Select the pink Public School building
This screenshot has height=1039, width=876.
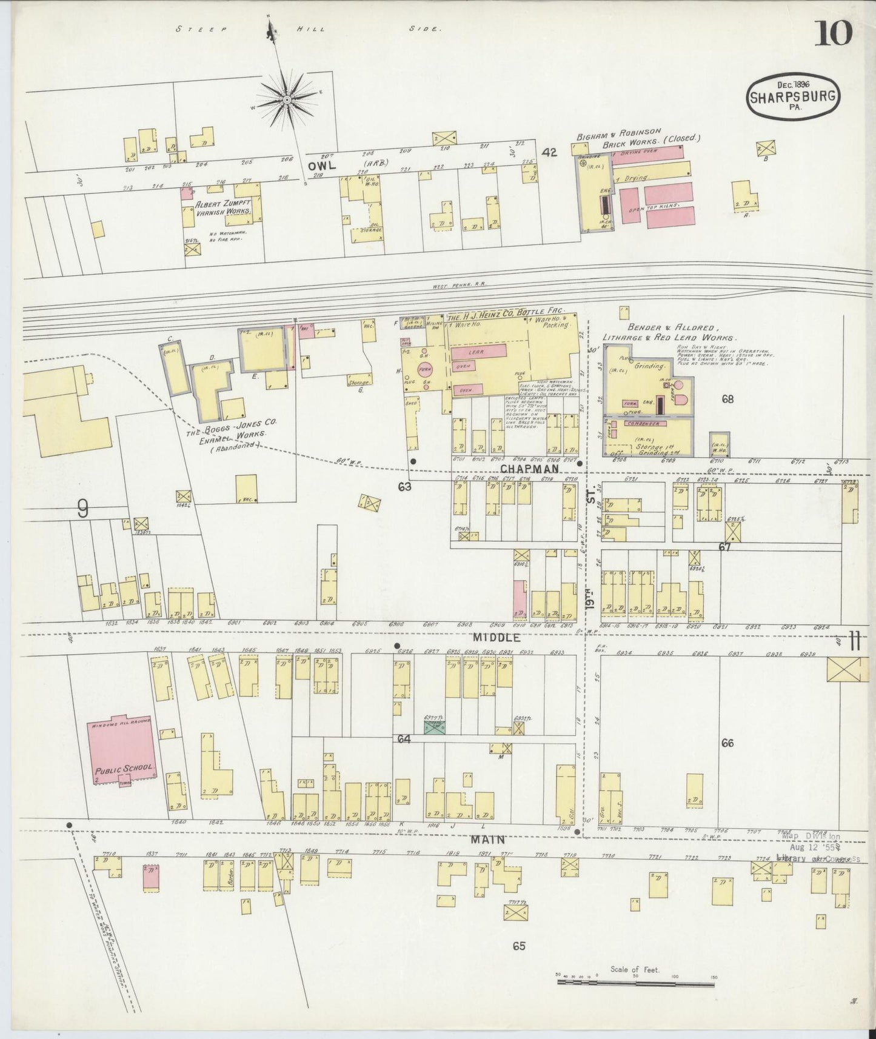124,750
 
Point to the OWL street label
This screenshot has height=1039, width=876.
321,165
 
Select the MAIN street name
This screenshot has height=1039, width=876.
495,840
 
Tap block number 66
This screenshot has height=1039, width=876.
727,743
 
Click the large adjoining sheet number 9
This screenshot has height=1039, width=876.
83,510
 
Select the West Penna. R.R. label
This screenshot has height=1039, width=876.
461,283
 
